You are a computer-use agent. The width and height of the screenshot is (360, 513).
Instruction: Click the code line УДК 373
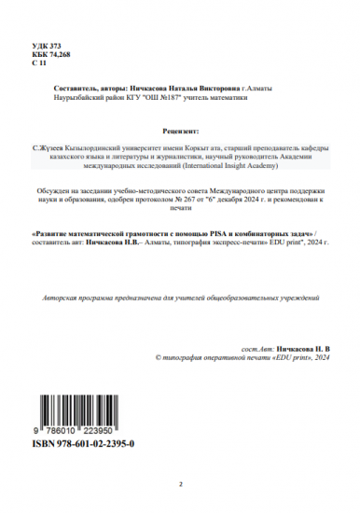tap(46, 45)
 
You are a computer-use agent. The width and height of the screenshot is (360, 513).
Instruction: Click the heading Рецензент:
tap(180, 132)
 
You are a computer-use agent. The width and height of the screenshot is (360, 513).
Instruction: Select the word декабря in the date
tap(236, 199)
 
